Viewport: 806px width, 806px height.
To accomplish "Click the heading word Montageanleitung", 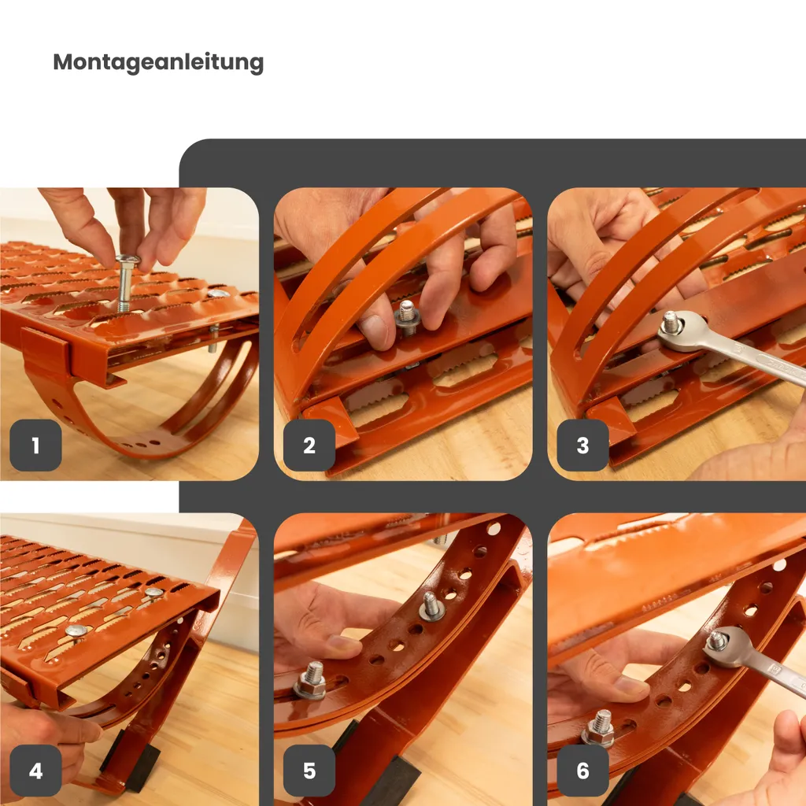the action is click(158, 63).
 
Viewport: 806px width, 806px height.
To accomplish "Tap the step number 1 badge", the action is click(35, 446).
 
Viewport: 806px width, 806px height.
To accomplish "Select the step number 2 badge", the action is click(309, 446).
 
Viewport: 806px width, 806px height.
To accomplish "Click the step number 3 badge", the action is click(582, 446).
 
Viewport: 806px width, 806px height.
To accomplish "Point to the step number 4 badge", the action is click(35, 770).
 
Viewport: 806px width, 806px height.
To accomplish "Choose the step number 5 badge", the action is click(309, 770).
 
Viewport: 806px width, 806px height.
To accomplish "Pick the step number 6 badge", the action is click(582, 770).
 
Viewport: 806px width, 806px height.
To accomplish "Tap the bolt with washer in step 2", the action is click(408, 316).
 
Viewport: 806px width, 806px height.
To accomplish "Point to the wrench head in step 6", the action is click(726, 647).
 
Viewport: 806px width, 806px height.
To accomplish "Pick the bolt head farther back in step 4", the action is click(153, 593).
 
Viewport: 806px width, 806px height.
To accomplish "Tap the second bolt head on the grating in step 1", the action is click(218, 294).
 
